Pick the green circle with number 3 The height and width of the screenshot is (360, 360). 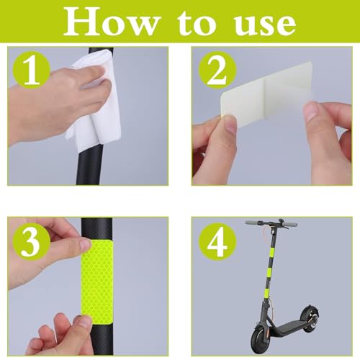tap(31, 243)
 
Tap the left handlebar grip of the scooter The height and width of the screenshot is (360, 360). tap(253, 223)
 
